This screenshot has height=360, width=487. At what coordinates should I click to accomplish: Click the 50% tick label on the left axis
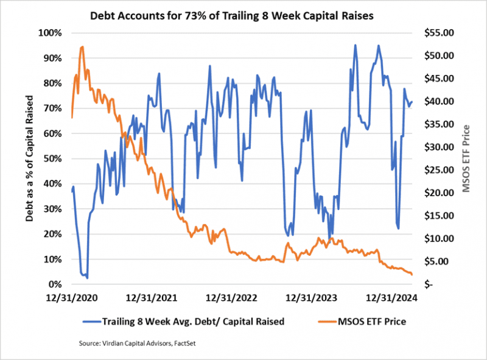click(x=52, y=158)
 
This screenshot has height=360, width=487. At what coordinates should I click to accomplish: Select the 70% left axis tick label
click(x=52, y=108)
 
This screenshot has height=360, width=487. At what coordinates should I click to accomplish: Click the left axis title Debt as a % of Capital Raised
click(x=29, y=158)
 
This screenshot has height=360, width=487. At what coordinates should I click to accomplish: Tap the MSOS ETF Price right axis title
click(x=466, y=158)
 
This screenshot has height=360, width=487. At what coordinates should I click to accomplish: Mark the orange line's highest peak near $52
click(x=82, y=46)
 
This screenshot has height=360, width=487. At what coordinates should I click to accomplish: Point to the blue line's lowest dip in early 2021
click(x=87, y=278)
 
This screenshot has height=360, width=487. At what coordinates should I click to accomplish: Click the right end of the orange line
click(x=412, y=275)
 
